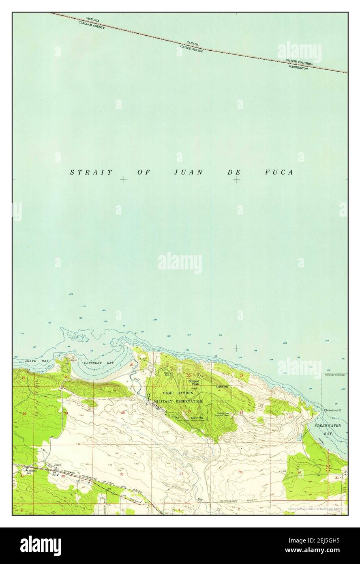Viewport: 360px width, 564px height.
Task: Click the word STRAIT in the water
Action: click(x=91, y=172)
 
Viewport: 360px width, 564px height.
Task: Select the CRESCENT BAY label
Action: click(x=99, y=362)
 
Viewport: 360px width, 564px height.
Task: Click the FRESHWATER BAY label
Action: click(x=329, y=430)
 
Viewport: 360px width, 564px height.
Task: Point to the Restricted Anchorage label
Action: click(x=334, y=375)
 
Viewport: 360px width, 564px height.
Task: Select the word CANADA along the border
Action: click(x=193, y=43)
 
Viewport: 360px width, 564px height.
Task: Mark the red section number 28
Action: click(x=122, y=413)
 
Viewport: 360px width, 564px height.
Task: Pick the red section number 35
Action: click(x=240, y=472)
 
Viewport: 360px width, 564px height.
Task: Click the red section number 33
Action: click(x=121, y=474)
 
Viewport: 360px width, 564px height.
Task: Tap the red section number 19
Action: click(x=24, y=378)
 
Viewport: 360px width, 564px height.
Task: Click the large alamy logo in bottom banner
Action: click(x=41, y=545)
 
